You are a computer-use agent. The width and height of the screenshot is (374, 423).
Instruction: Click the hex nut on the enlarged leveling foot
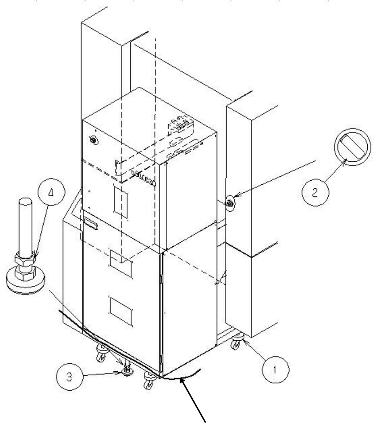pos(26,260)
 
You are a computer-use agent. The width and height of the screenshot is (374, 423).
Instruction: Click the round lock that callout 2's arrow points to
pos(230,204)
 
